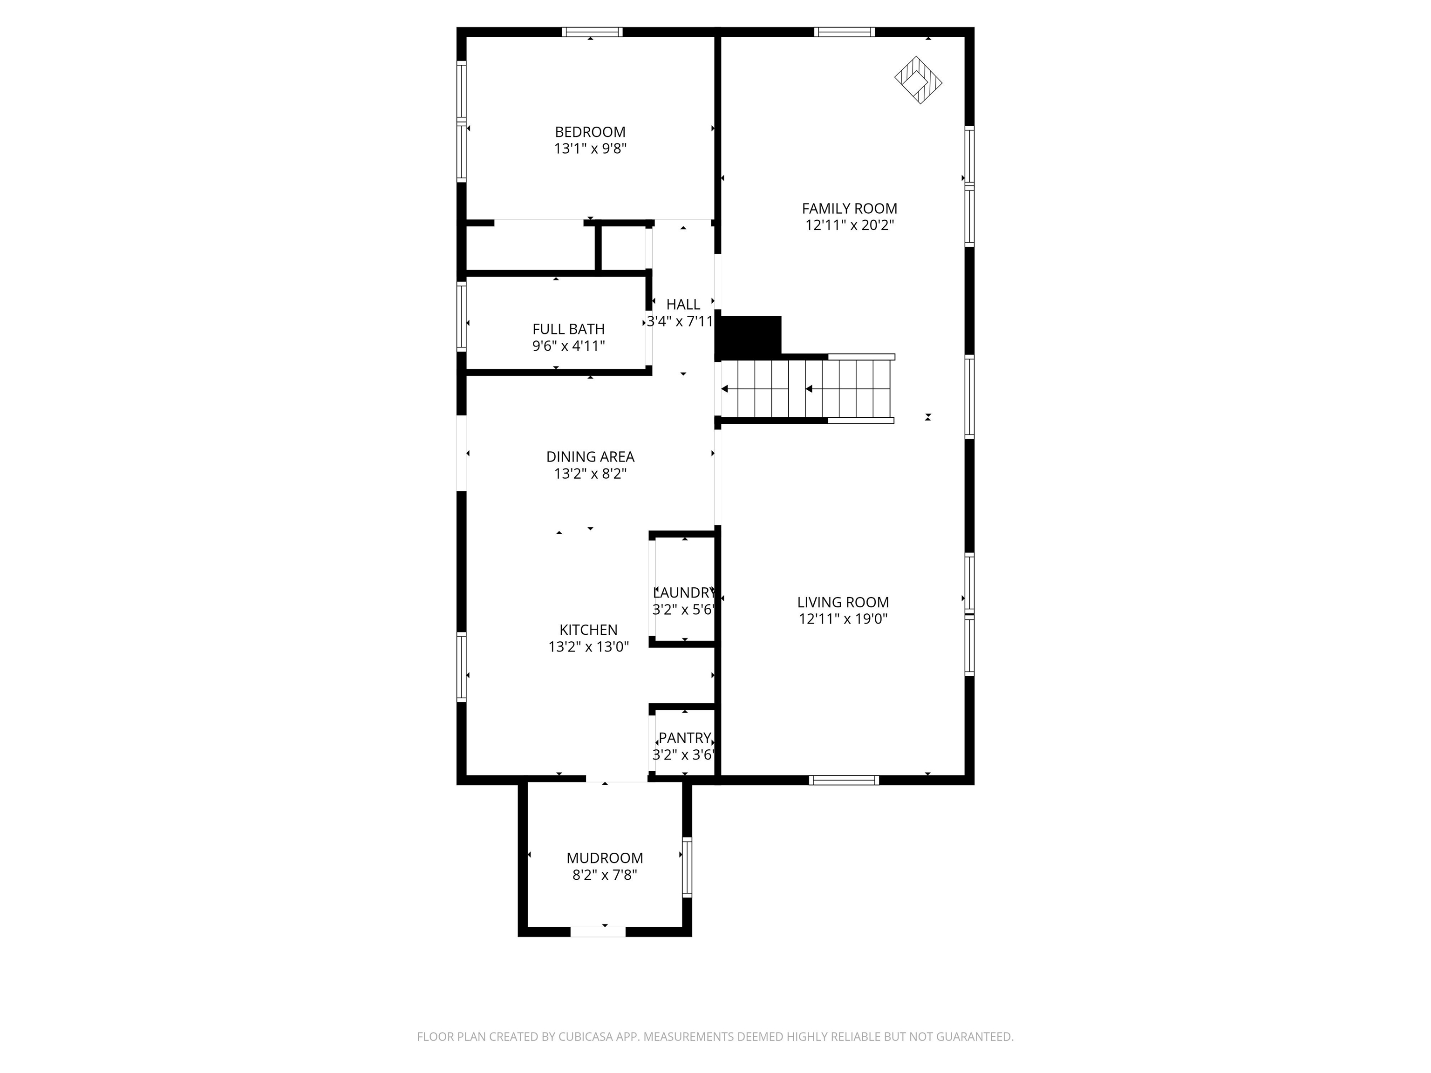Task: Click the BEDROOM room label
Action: click(590, 132)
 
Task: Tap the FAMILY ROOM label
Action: click(849, 208)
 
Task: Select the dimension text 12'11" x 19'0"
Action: click(843, 619)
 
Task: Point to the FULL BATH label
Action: click(569, 329)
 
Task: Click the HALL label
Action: click(683, 304)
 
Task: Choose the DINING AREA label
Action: click(590, 456)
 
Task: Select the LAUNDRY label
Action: click(684, 592)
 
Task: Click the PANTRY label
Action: click(684, 738)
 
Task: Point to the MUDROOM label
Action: click(605, 858)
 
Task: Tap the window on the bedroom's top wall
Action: click(592, 32)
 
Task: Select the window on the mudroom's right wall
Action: click(687, 867)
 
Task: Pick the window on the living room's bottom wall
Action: click(844, 780)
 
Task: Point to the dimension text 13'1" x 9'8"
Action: click(590, 149)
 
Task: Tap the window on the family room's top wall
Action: click(844, 32)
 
